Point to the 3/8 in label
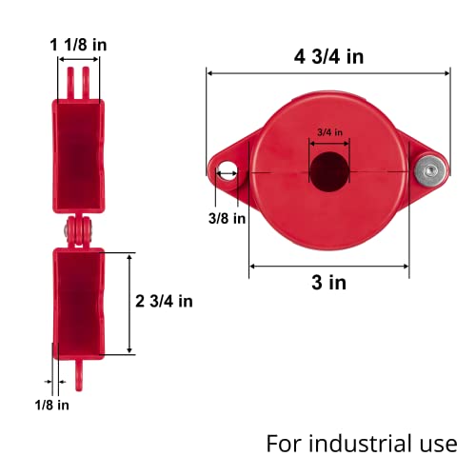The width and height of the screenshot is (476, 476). pyautogui.click(x=227, y=218)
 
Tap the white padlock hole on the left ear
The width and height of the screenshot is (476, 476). pyautogui.click(x=228, y=172)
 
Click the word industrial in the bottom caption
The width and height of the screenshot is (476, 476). pyautogui.click(x=363, y=444)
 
